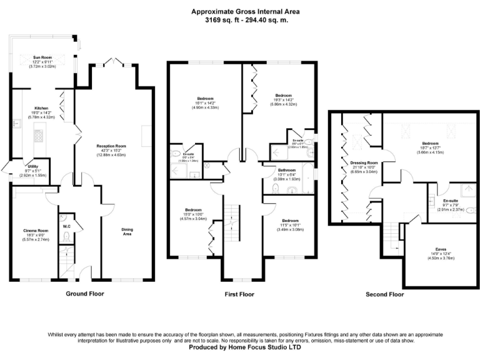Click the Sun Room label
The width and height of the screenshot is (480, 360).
42,57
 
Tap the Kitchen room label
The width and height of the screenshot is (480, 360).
42,108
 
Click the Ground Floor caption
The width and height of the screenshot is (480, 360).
84,293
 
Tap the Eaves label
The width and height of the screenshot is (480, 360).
441,249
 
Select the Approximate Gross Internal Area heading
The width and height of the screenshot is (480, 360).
239,11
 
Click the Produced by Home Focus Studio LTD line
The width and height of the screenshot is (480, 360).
239,347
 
